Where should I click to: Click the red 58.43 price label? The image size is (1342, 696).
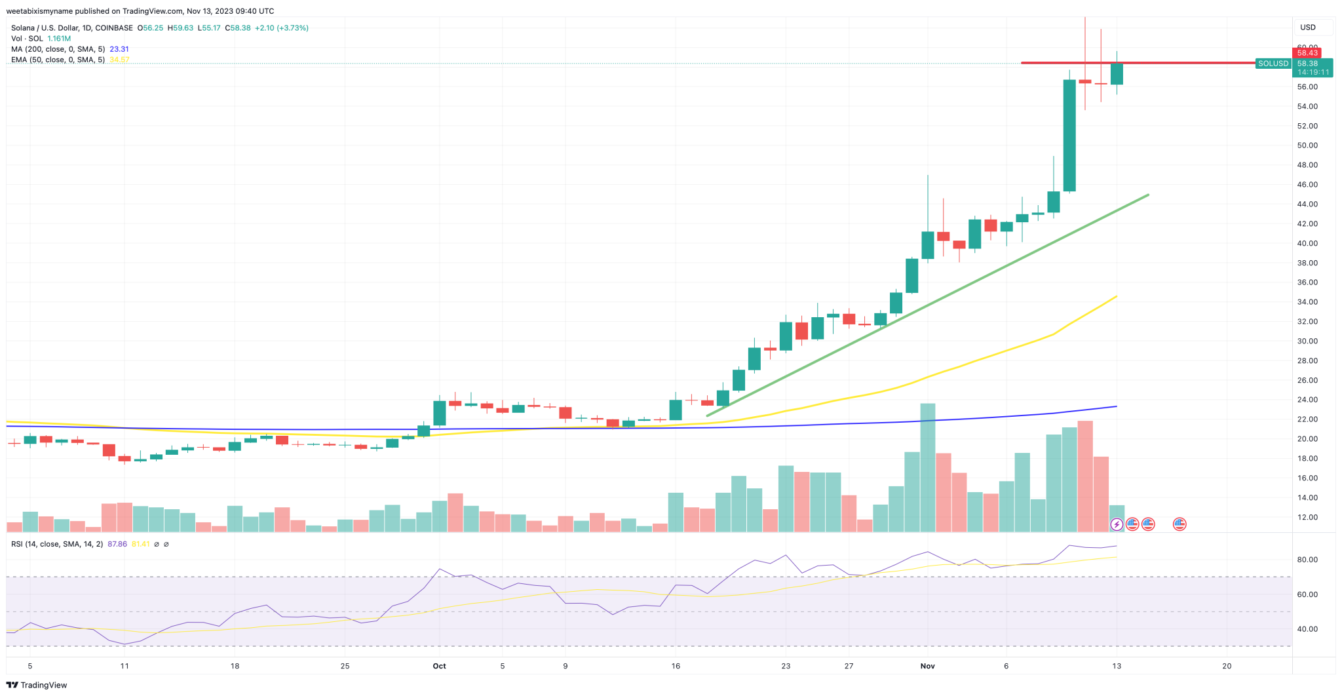(x=1307, y=53)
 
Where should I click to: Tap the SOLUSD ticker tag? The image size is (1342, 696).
(x=1273, y=64)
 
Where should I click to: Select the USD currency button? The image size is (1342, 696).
(x=1308, y=28)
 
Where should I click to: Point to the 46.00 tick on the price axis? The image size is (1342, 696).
(x=1307, y=185)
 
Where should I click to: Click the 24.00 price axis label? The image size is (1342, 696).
(x=1307, y=400)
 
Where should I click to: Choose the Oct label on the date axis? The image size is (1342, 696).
(x=439, y=666)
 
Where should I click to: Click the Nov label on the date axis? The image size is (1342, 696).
(x=927, y=666)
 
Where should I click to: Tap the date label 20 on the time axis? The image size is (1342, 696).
(x=1227, y=666)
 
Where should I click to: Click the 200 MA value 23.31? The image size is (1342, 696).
(x=119, y=49)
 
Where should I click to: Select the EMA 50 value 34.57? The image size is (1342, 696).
(x=119, y=60)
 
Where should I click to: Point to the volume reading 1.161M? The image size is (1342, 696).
(x=59, y=39)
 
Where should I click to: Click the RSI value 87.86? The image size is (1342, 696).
(x=117, y=544)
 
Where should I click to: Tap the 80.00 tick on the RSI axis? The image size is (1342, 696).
(x=1307, y=560)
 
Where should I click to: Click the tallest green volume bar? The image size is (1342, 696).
(x=928, y=467)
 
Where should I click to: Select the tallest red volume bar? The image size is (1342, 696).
(x=1085, y=475)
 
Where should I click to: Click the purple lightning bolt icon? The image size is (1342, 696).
(x=1117, y=524)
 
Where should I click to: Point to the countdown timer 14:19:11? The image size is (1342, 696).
(x=1313, y=72)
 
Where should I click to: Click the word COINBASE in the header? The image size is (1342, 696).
(x=113, y=28)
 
